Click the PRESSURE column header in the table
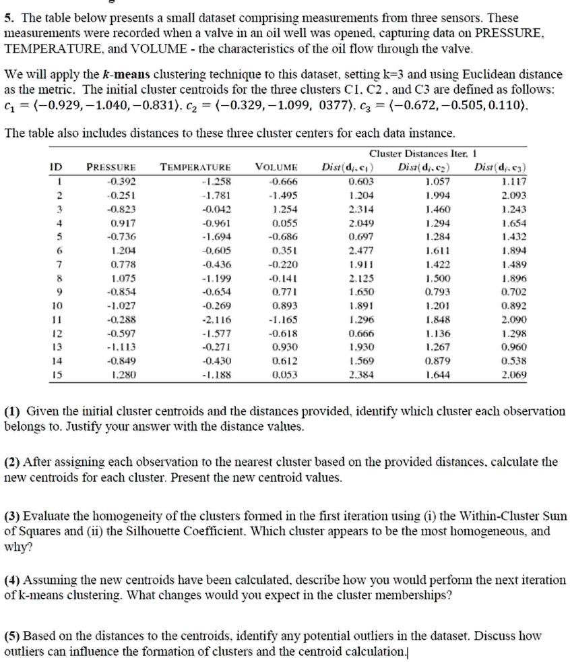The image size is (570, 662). point(112,167)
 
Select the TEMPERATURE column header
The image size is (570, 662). point(195,167)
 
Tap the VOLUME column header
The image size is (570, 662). point(277,167)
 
